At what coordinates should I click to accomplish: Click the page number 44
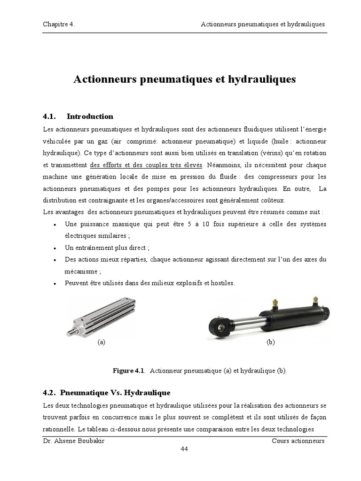pos(185,449)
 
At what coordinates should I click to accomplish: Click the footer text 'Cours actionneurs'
pos(298,441)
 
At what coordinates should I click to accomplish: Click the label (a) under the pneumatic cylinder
pos(101,342)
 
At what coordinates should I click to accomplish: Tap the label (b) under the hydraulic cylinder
pos(270,342)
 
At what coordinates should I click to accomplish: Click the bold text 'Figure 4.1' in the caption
pos(128,371)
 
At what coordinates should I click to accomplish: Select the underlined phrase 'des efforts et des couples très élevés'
pos(146,165)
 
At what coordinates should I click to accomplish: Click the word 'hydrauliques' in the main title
pos(261,79)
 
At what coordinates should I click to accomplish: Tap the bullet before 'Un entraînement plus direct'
pos(56,248)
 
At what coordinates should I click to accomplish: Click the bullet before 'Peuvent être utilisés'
pos(56,284)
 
